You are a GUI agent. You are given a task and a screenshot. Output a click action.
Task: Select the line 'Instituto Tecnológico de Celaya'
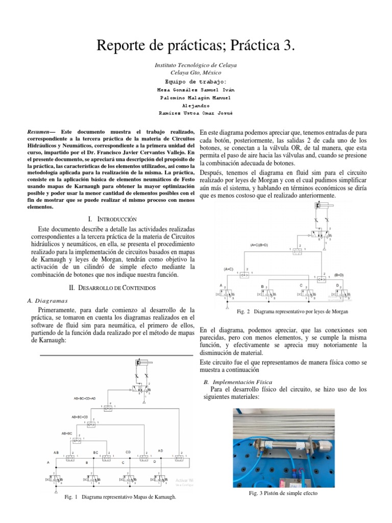point(195,65)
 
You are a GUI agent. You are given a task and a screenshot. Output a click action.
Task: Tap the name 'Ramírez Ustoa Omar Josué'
point(196,113)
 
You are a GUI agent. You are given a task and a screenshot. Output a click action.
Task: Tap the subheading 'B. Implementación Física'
point(238,382)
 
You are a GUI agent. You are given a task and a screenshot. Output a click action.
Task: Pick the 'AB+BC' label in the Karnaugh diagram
point(67,433)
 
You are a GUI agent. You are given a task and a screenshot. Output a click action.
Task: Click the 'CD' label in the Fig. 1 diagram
point(129,451)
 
